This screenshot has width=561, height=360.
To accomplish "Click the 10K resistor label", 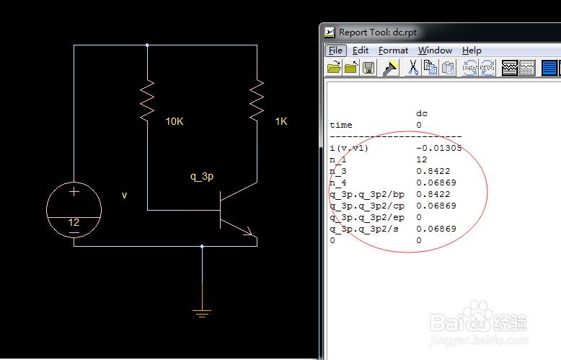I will pos(175,121).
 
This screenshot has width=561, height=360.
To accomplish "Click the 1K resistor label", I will pos(281,121).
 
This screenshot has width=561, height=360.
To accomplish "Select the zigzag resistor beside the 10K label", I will pos(147,100).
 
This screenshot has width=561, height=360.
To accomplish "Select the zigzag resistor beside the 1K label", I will pos(256,100).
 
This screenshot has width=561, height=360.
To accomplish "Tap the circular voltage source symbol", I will pos(74,209).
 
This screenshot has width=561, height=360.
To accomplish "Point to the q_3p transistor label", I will pos(202,176).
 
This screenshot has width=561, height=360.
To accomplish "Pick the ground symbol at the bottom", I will pos(202,312).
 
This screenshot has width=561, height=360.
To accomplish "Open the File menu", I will pos(335,51).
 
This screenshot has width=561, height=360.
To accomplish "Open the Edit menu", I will pos(361,51).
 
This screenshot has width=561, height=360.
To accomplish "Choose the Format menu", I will pos(393,51).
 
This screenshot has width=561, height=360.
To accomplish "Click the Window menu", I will pos(435,51).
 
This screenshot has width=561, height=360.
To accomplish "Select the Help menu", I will pos(472,51).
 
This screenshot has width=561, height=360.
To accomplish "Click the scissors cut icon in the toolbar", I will pos(413,68).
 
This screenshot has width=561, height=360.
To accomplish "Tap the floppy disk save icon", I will pos(368,68).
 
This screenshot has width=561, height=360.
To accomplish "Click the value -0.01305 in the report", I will pos(438,148).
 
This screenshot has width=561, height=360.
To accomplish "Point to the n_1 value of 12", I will pos(421,159).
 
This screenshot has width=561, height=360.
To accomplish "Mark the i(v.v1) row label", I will pos(348,148).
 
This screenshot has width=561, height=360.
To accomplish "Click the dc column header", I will pos(422,113).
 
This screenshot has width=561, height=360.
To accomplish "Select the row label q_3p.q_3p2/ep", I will pos(363,217).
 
